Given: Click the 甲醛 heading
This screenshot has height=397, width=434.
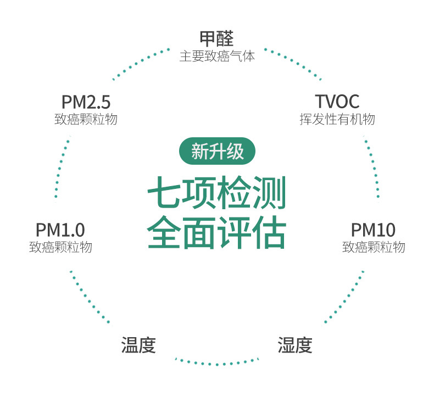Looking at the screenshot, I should [x=216, y=38].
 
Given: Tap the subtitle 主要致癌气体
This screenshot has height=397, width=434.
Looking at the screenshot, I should [x=217, y=56].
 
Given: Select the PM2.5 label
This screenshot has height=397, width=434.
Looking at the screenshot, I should [x=86, y=102].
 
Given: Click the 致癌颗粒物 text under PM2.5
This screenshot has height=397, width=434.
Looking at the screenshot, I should [x=86, y=119].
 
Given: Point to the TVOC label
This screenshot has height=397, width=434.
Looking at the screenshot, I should [x=337, y=102].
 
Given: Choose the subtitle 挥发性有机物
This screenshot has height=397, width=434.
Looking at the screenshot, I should [x=337, y=119].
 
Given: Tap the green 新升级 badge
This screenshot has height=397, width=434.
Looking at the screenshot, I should [x=217, y=151].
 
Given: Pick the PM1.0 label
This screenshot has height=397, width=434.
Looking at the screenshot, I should [x=60, y=230].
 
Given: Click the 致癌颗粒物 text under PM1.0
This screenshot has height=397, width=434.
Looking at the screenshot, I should [x=60, y=247].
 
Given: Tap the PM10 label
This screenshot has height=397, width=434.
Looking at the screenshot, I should [x=373, y=230].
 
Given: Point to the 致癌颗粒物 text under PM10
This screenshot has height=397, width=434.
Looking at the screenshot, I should [x=374, y=247].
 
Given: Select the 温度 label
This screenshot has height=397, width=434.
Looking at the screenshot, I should [x=138, y=345].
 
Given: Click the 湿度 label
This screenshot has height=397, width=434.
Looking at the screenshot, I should [x=295, y=345].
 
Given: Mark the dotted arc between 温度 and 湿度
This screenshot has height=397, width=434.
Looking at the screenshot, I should [x=216, y=364].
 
